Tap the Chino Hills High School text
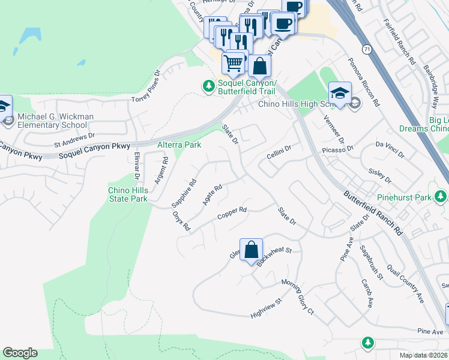coord(295,104)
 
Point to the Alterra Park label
coord(179,145)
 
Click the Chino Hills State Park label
coord(127,194)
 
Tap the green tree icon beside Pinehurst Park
coord(441,196)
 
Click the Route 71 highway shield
coord(366,47)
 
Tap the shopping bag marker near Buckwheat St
coord(251,248)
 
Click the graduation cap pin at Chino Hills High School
coord(340,92)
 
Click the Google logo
coord(20,353)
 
